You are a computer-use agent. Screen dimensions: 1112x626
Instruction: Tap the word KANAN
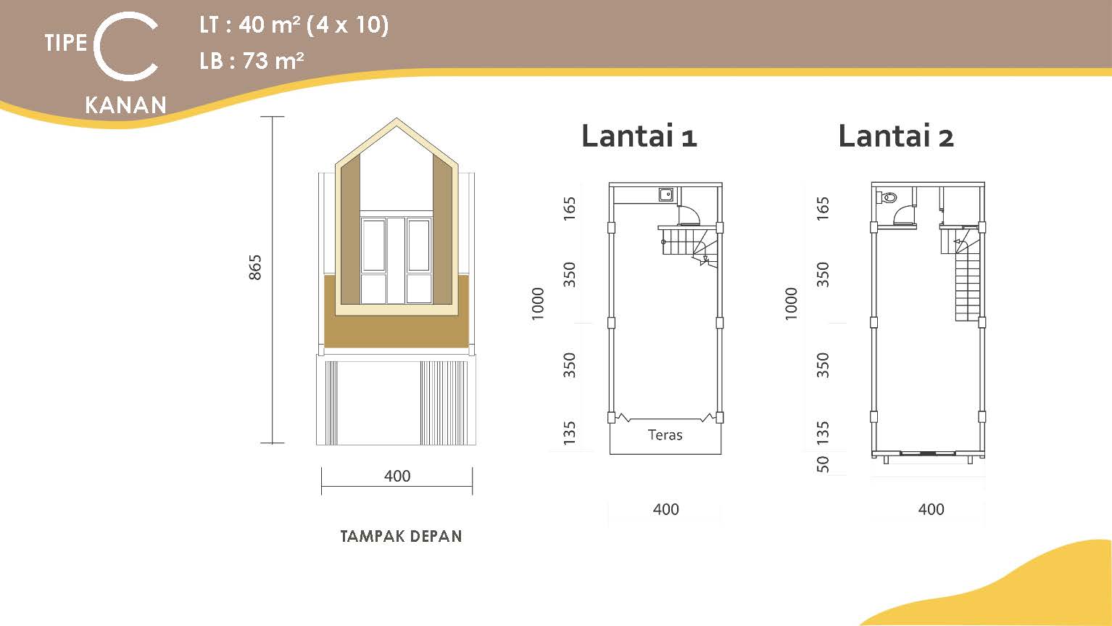[x=125, y=105]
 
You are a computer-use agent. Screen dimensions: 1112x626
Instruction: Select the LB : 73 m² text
[x=252, y=61]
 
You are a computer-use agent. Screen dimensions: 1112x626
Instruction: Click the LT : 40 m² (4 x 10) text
[x=294, y=25]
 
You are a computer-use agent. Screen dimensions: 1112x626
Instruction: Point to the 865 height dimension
[x=254, y=267]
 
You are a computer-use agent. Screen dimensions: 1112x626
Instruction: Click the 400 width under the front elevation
[x=397, y=476]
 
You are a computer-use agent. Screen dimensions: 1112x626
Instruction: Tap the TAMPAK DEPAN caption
[x=401, y=536]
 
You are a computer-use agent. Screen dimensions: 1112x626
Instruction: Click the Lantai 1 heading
[x=639, y=136]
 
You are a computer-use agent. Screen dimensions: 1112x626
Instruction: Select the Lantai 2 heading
[x=896, y=136]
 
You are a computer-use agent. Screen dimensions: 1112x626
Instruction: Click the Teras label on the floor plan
[x=665, y=435]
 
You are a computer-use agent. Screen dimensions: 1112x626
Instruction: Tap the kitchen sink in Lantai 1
[x=666, y=194]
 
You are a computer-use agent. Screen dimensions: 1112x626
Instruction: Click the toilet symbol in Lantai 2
[x=887, y=198]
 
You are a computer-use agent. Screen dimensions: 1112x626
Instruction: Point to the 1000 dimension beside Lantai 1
[x=538, y=303]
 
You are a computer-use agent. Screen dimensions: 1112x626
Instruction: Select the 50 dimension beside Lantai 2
[x=823, y=464]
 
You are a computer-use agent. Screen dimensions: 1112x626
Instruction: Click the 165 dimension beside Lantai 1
[x=569, y=208]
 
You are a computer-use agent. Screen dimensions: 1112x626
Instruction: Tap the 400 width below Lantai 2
[x=931, y=509]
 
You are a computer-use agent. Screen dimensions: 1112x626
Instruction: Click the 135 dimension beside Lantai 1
[x=569, y=433]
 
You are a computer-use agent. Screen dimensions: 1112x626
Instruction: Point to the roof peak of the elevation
[x=396, y=119]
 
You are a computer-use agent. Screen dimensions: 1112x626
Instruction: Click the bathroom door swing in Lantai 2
[x=903, y=216]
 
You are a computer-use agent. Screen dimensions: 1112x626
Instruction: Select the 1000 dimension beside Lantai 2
[x=792, y=303]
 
